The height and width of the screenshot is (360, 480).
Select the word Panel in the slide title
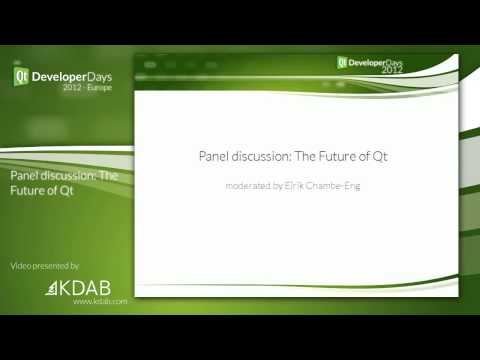pyautogui.click(x=211, y=156)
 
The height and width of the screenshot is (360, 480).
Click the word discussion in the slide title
pyautogui.click(x=258, y=156)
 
